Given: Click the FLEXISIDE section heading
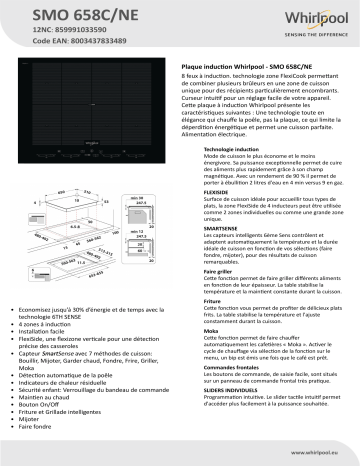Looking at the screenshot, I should (x=210, y=196).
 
